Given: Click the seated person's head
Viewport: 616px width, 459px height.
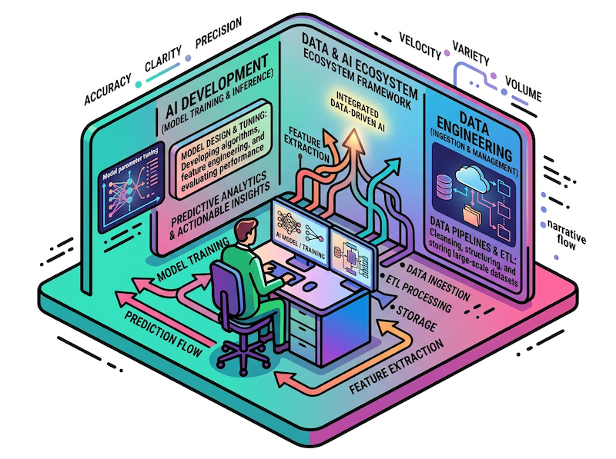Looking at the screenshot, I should [x=246, y=231].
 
